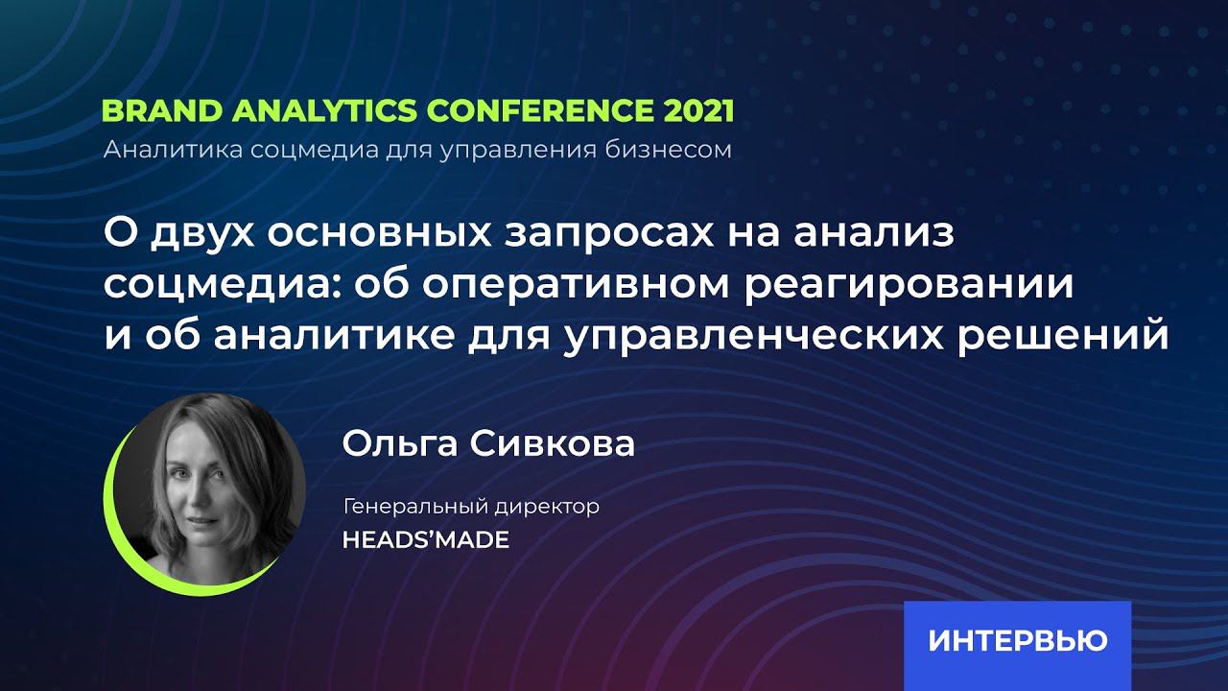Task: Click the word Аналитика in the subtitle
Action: (x=157, y=151)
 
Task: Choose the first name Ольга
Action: (x=399, y=444)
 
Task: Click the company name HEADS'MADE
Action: (x=425, y=540)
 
